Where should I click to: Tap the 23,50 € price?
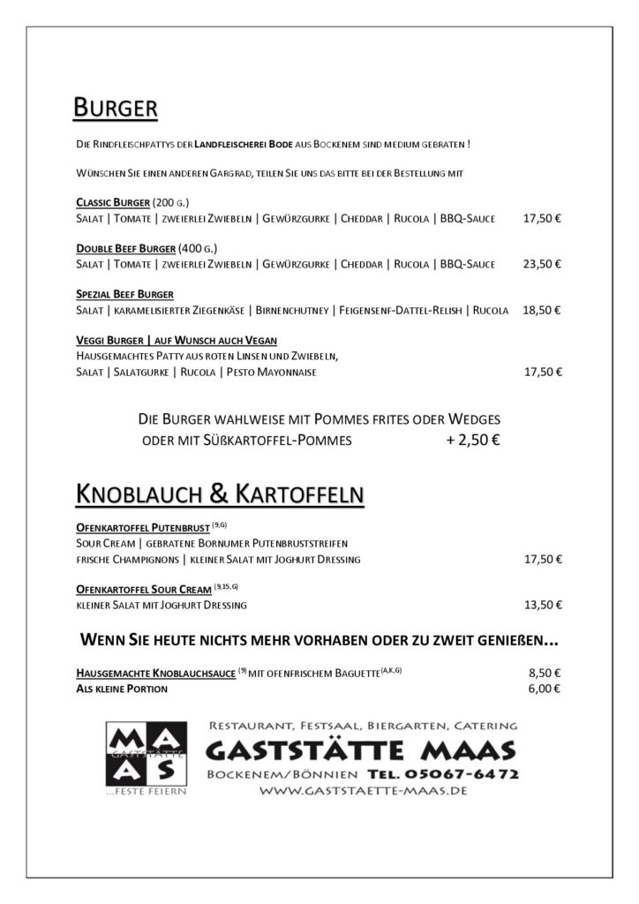[542, 264]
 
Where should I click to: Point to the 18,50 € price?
[542, 310]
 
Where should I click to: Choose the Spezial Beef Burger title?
[124, 294]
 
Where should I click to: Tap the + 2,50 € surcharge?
[473, 440]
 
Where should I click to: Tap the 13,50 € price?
[542, 605]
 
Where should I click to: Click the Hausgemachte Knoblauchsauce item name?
[155, 673]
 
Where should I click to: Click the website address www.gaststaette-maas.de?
[363, 791]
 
